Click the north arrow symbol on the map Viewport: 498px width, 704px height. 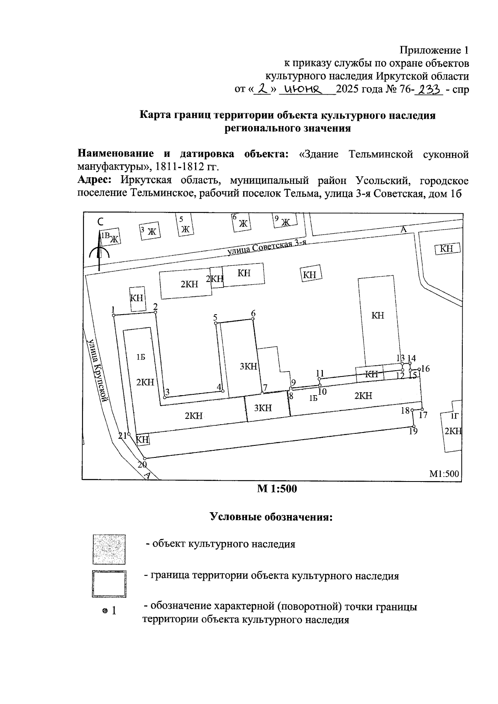point(99,249)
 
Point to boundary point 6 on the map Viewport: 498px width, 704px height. point(252,319)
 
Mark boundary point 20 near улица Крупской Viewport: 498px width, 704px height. point(145,458)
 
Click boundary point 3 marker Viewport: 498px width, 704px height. point(165,398)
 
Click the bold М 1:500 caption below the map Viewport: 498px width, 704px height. point(277,489)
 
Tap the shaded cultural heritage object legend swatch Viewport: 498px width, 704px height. point(109,549)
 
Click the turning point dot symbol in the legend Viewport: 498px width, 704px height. point(105,611)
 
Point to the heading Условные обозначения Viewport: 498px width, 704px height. point(272,517)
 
